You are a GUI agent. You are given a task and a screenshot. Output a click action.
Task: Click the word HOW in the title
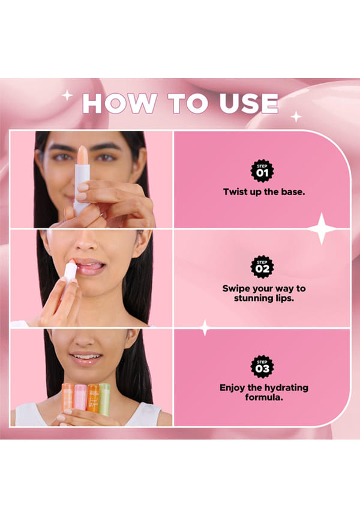coord(119,103)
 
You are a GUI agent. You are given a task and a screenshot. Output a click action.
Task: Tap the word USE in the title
coord(248,103)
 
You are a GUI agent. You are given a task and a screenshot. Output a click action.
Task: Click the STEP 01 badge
coord(262,171)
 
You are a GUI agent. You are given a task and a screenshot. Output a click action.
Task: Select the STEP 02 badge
coord(262,267)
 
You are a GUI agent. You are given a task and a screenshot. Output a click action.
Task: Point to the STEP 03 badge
coord(262,366)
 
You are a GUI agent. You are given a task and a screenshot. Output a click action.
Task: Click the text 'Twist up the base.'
coord(264,192)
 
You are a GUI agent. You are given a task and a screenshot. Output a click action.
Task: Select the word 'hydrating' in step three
coord(286,388)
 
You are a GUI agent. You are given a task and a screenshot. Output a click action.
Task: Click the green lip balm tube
coord(104,399)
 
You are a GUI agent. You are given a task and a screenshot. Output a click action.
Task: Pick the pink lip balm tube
coord(80,398)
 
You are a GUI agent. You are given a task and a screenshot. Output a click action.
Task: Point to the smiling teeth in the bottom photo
coord(86,357)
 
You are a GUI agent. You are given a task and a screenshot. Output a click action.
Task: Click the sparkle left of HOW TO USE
coord(67,95)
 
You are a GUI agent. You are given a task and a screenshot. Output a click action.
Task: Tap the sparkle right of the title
coord(296,116)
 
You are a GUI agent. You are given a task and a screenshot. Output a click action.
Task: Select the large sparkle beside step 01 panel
coord(321,229)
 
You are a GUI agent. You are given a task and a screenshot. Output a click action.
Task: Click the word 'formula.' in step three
coord(264,398)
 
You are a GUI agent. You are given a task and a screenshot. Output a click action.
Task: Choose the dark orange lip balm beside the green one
coord(93,398)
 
